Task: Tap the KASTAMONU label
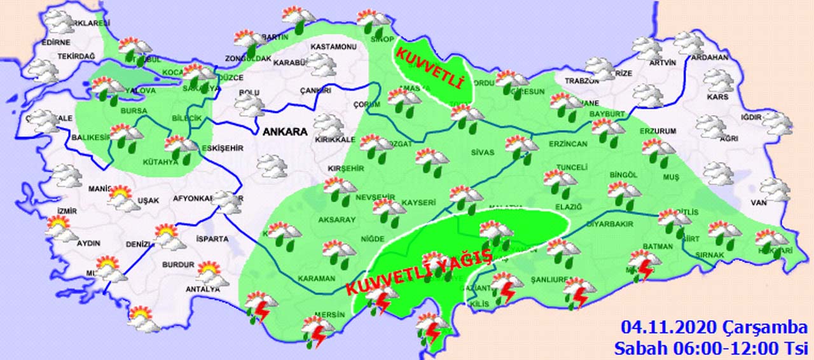(x=333, y=47)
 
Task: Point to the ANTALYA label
(x=202, y=289)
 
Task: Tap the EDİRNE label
(x=55, y=42)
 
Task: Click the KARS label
(x=717, y=97)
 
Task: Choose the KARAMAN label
(x=316, y=279)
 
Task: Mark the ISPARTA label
(x=212, y=239)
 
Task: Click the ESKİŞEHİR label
(x=222, y=148)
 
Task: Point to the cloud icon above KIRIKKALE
(x=328, y=125)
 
